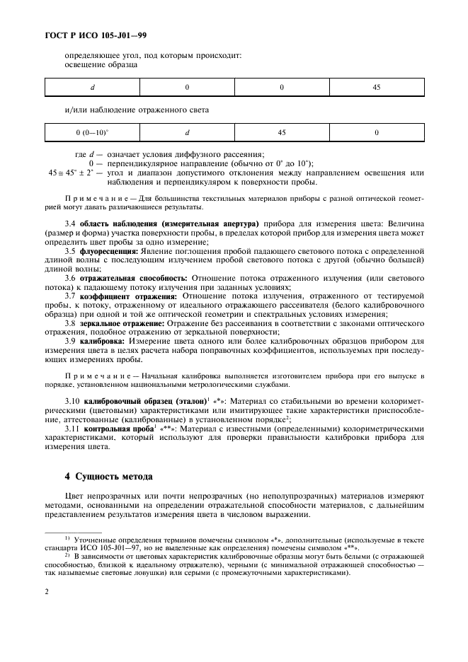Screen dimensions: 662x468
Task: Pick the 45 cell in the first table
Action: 376,87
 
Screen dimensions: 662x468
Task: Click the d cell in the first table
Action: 92,87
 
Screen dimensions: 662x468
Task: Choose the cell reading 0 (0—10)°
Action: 92,132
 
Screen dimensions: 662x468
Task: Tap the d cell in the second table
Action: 187,132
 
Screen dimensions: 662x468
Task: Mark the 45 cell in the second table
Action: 282,132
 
